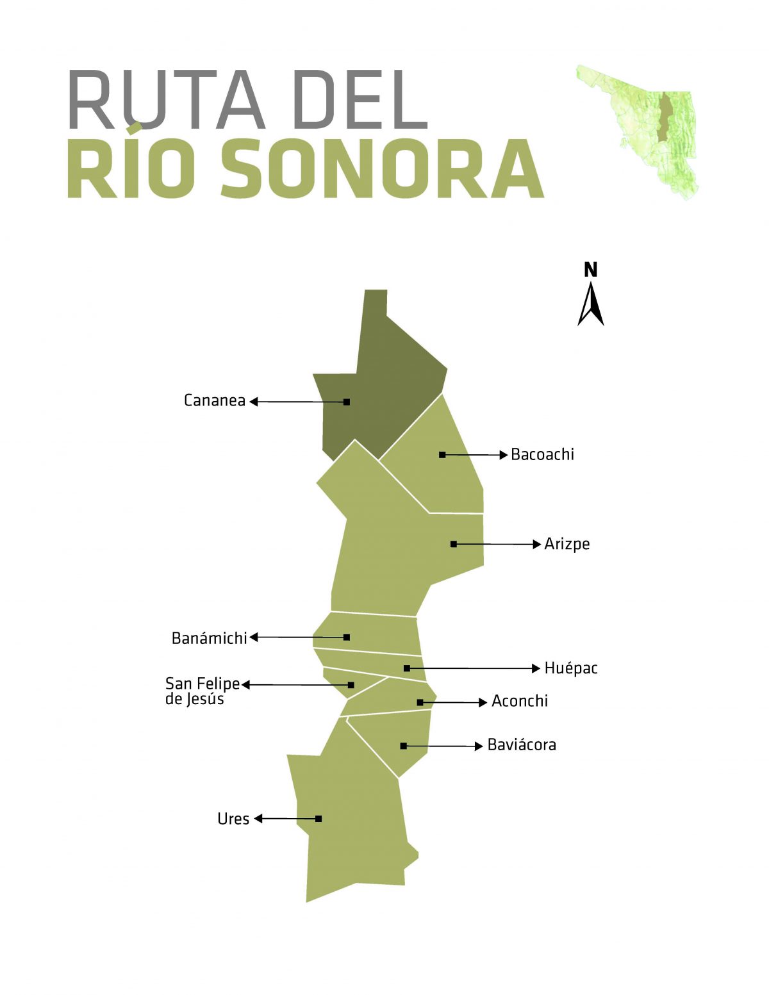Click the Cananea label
pos(214,400)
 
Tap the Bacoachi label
pos(542,454)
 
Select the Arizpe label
pos(566,544)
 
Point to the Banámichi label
pos(209,638)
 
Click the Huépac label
pos(570,668)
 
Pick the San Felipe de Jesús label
pos(202,691)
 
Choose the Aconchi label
pos(519,701)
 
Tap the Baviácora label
pos(521,745)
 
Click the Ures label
pos(233,819)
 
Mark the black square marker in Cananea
pos(347,402)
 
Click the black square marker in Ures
pos(318,819)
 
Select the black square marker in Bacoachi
pos(442,455)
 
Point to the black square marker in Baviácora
pos(403,746)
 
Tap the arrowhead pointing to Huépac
pos(536,668)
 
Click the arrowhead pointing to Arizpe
pos(537,544)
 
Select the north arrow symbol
pos(591,304)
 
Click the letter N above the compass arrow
pos(591,270)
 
